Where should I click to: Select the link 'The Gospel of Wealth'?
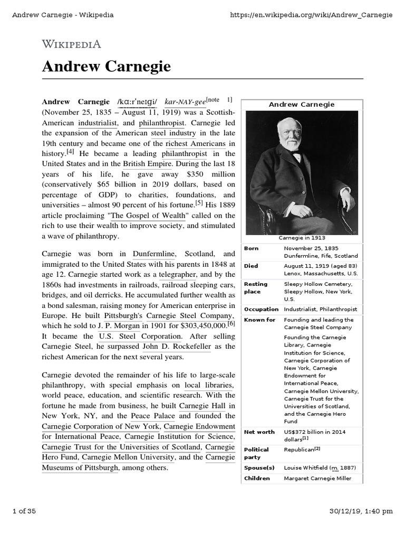[148, 215]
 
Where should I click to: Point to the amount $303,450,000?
[197, 326]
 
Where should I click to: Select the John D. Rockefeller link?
[177, 347]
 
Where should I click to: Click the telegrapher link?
[178, 275]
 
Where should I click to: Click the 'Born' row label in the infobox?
[251, 248]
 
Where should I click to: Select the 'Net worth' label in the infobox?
[259, 432]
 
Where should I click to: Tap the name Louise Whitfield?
[305, 468]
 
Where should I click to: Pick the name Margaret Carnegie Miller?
[317, 479]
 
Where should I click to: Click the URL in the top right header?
[312, 14]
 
